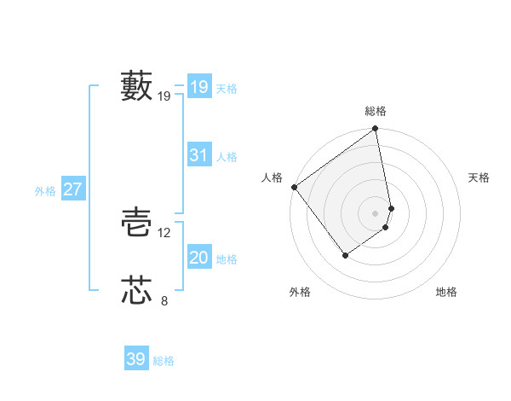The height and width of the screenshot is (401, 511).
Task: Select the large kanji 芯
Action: (x=136, y=290)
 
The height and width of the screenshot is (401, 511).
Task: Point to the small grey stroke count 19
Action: (x=164, y=96)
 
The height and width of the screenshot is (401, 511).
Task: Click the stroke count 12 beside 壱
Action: (x=164, y=233)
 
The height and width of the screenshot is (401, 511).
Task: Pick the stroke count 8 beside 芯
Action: (x=164, y=299)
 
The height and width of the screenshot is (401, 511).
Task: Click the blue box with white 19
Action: (x=198, y=87)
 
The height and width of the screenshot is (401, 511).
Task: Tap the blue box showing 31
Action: (x=198, y=155)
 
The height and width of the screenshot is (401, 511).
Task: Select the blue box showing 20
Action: (x=198, y=259)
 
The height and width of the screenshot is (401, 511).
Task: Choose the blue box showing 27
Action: (x=72, y=189)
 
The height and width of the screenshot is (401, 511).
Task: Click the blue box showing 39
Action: (x=136, y=359)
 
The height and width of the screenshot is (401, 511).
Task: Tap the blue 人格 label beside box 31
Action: (x=227, y=157)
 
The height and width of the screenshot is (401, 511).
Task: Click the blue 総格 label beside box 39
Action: (x=164, y=361)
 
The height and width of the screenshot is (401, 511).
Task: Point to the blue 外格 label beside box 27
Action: (x=45, y=191)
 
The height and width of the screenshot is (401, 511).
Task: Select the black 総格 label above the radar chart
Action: (x=376, y=111)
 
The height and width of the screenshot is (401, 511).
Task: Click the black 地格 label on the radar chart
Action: (x=446, y=293)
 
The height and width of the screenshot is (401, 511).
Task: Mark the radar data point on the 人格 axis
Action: (x=294, y=187)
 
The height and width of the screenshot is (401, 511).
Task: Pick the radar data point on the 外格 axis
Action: (x=345, y=255)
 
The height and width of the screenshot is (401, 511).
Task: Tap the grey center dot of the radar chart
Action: (x=376, y=212)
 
